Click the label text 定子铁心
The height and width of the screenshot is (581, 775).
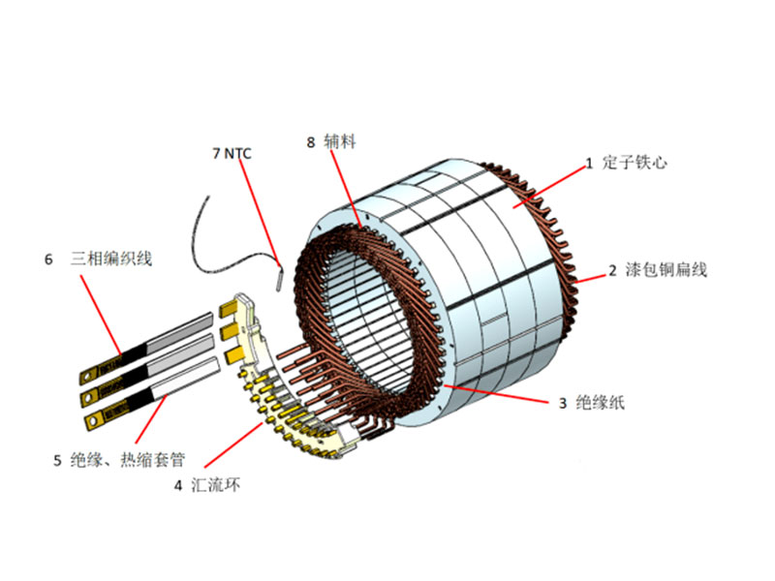point(635,163)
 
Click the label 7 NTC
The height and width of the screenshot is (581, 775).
point(232,152)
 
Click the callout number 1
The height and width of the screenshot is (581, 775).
point(588,164)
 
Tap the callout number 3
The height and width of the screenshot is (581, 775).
point(562,403)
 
